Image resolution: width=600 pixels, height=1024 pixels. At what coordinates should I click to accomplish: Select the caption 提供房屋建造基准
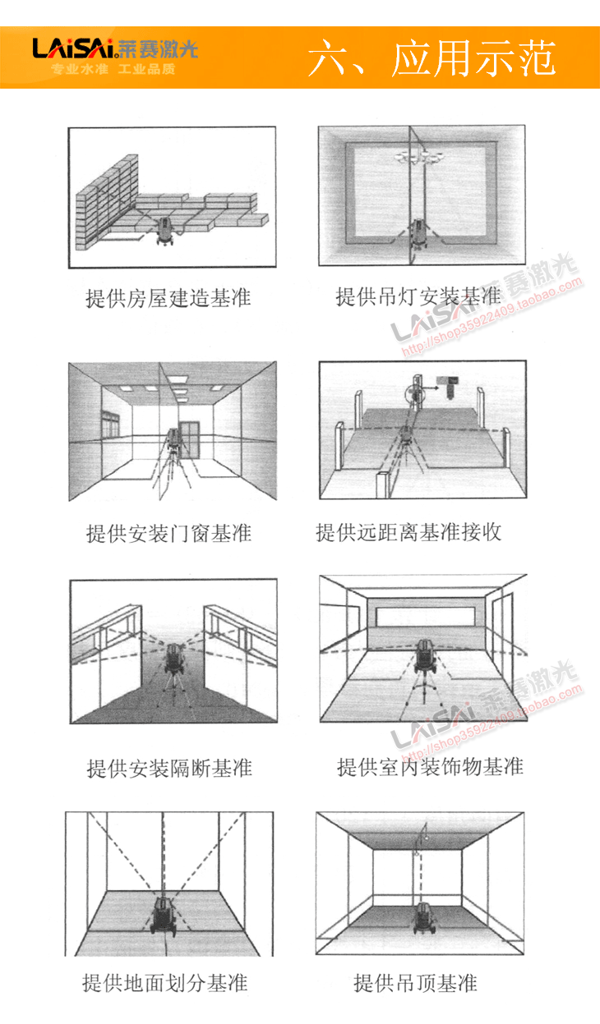tap(168, 298)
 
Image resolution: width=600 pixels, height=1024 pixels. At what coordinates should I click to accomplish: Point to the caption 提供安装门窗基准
tap(168, 534)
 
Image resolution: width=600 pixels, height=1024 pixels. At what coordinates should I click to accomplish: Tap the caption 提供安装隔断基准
tap(169, 769)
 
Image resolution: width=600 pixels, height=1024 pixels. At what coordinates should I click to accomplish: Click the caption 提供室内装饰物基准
tap(430, 767)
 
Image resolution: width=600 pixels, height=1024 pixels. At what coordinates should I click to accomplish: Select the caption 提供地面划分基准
tap(165, 982)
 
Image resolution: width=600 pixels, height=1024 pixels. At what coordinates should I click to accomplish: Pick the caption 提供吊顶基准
tap(415, 983)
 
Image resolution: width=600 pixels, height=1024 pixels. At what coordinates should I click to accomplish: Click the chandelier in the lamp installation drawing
tap(419, 157)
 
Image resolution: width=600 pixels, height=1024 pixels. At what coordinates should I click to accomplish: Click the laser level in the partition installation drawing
tap(174, 660)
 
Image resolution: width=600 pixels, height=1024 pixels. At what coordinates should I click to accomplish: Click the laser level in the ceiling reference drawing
tap(422, 918)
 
